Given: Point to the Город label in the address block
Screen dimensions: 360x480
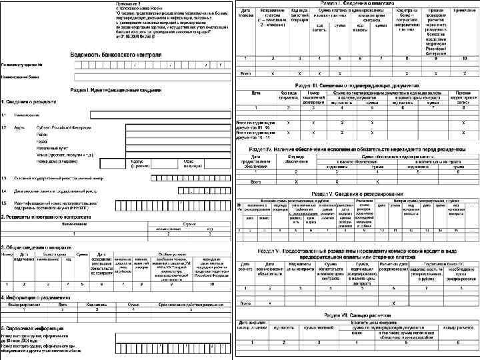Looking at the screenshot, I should (42, 141).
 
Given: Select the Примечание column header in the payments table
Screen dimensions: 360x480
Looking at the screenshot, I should (459, 11).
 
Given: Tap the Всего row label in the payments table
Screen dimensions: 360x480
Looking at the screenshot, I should (245, 71).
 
